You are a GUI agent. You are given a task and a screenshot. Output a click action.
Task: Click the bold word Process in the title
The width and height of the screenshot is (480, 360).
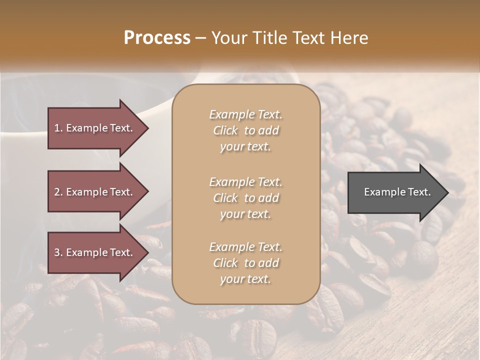click(x=157, y=38)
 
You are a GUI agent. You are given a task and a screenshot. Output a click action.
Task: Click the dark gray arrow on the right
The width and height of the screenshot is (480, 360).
click(x=395, y=192)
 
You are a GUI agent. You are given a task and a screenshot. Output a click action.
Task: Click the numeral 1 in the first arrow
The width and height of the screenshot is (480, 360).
click(x=57, y=128)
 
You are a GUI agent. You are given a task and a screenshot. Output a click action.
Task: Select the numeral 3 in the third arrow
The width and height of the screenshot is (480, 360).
click(x=57, y=253)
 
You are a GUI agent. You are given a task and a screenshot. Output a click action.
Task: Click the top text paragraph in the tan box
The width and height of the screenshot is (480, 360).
click(x=245, y=130)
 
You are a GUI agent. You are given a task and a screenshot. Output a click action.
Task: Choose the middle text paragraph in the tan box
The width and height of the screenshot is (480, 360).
click(x=245, y=198)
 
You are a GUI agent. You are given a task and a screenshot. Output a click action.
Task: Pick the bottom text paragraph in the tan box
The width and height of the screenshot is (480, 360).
click(x=245, y=263)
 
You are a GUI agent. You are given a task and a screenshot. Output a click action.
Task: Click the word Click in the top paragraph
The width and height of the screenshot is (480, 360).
click(x=225, y=130)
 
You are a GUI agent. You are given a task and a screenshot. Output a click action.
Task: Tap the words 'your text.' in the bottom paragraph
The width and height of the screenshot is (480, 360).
click(x=245, y=279)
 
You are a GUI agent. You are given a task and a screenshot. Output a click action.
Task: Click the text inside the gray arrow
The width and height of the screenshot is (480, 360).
click(x=397, y=192)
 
